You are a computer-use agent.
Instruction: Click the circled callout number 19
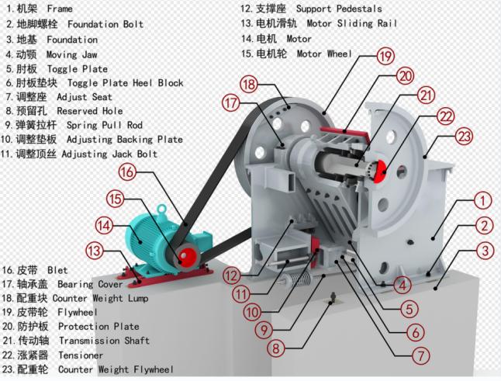tap(385, 56)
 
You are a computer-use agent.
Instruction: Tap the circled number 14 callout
tap(104, 226)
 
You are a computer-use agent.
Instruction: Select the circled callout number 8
tap(276, 348)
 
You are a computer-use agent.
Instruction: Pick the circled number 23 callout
tap(464, 137)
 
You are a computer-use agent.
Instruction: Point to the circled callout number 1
tap(482, 200)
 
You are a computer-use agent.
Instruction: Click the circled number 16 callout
tap(127, 171)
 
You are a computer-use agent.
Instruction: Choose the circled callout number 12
tap(232, 275)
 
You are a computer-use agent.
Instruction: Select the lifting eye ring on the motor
tap(163, 209)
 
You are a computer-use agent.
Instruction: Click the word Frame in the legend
tap(60, 9)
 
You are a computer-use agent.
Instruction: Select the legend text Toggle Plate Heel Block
tap(126, 83)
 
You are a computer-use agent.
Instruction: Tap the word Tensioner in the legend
tap(81, 355)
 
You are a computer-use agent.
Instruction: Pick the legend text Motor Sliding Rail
tap(352, 23)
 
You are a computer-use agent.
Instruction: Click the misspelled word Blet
tap(57, 270)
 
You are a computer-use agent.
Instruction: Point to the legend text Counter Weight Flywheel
tap(116, 369)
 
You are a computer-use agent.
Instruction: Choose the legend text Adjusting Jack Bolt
tap(109, 154)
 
